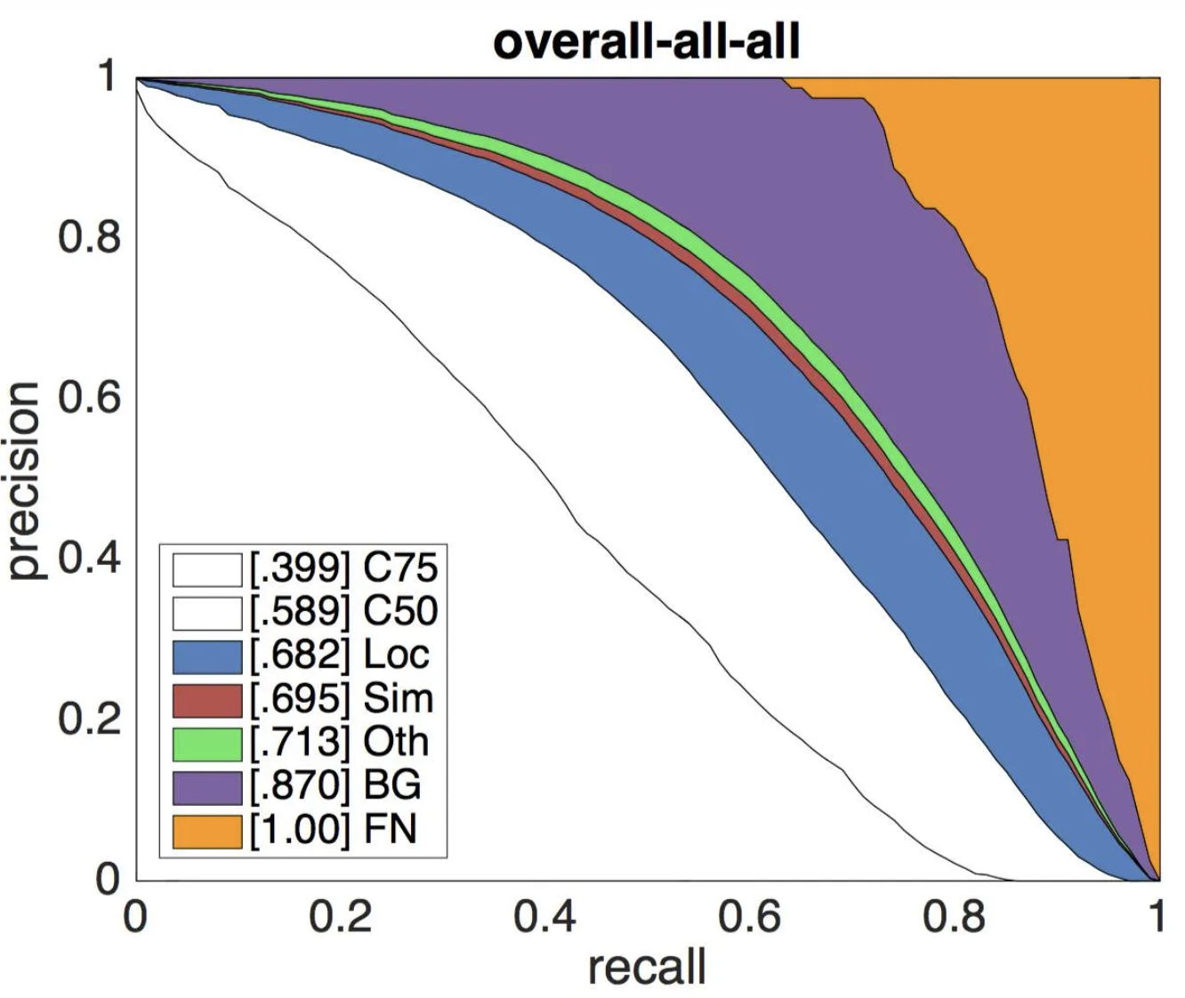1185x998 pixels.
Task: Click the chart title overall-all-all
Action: pos(647,41)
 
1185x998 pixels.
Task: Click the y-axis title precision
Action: pos(23,480)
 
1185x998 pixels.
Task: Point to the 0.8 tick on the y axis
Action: pos(89,237)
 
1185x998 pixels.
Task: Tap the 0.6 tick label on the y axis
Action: pos(89,398)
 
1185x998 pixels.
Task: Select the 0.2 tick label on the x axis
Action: pos(341,916)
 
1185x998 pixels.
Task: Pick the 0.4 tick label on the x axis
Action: pos(545,916)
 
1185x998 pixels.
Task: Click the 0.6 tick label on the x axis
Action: pos(750,916)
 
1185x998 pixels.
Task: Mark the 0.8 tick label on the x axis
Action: pos(955,916)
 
